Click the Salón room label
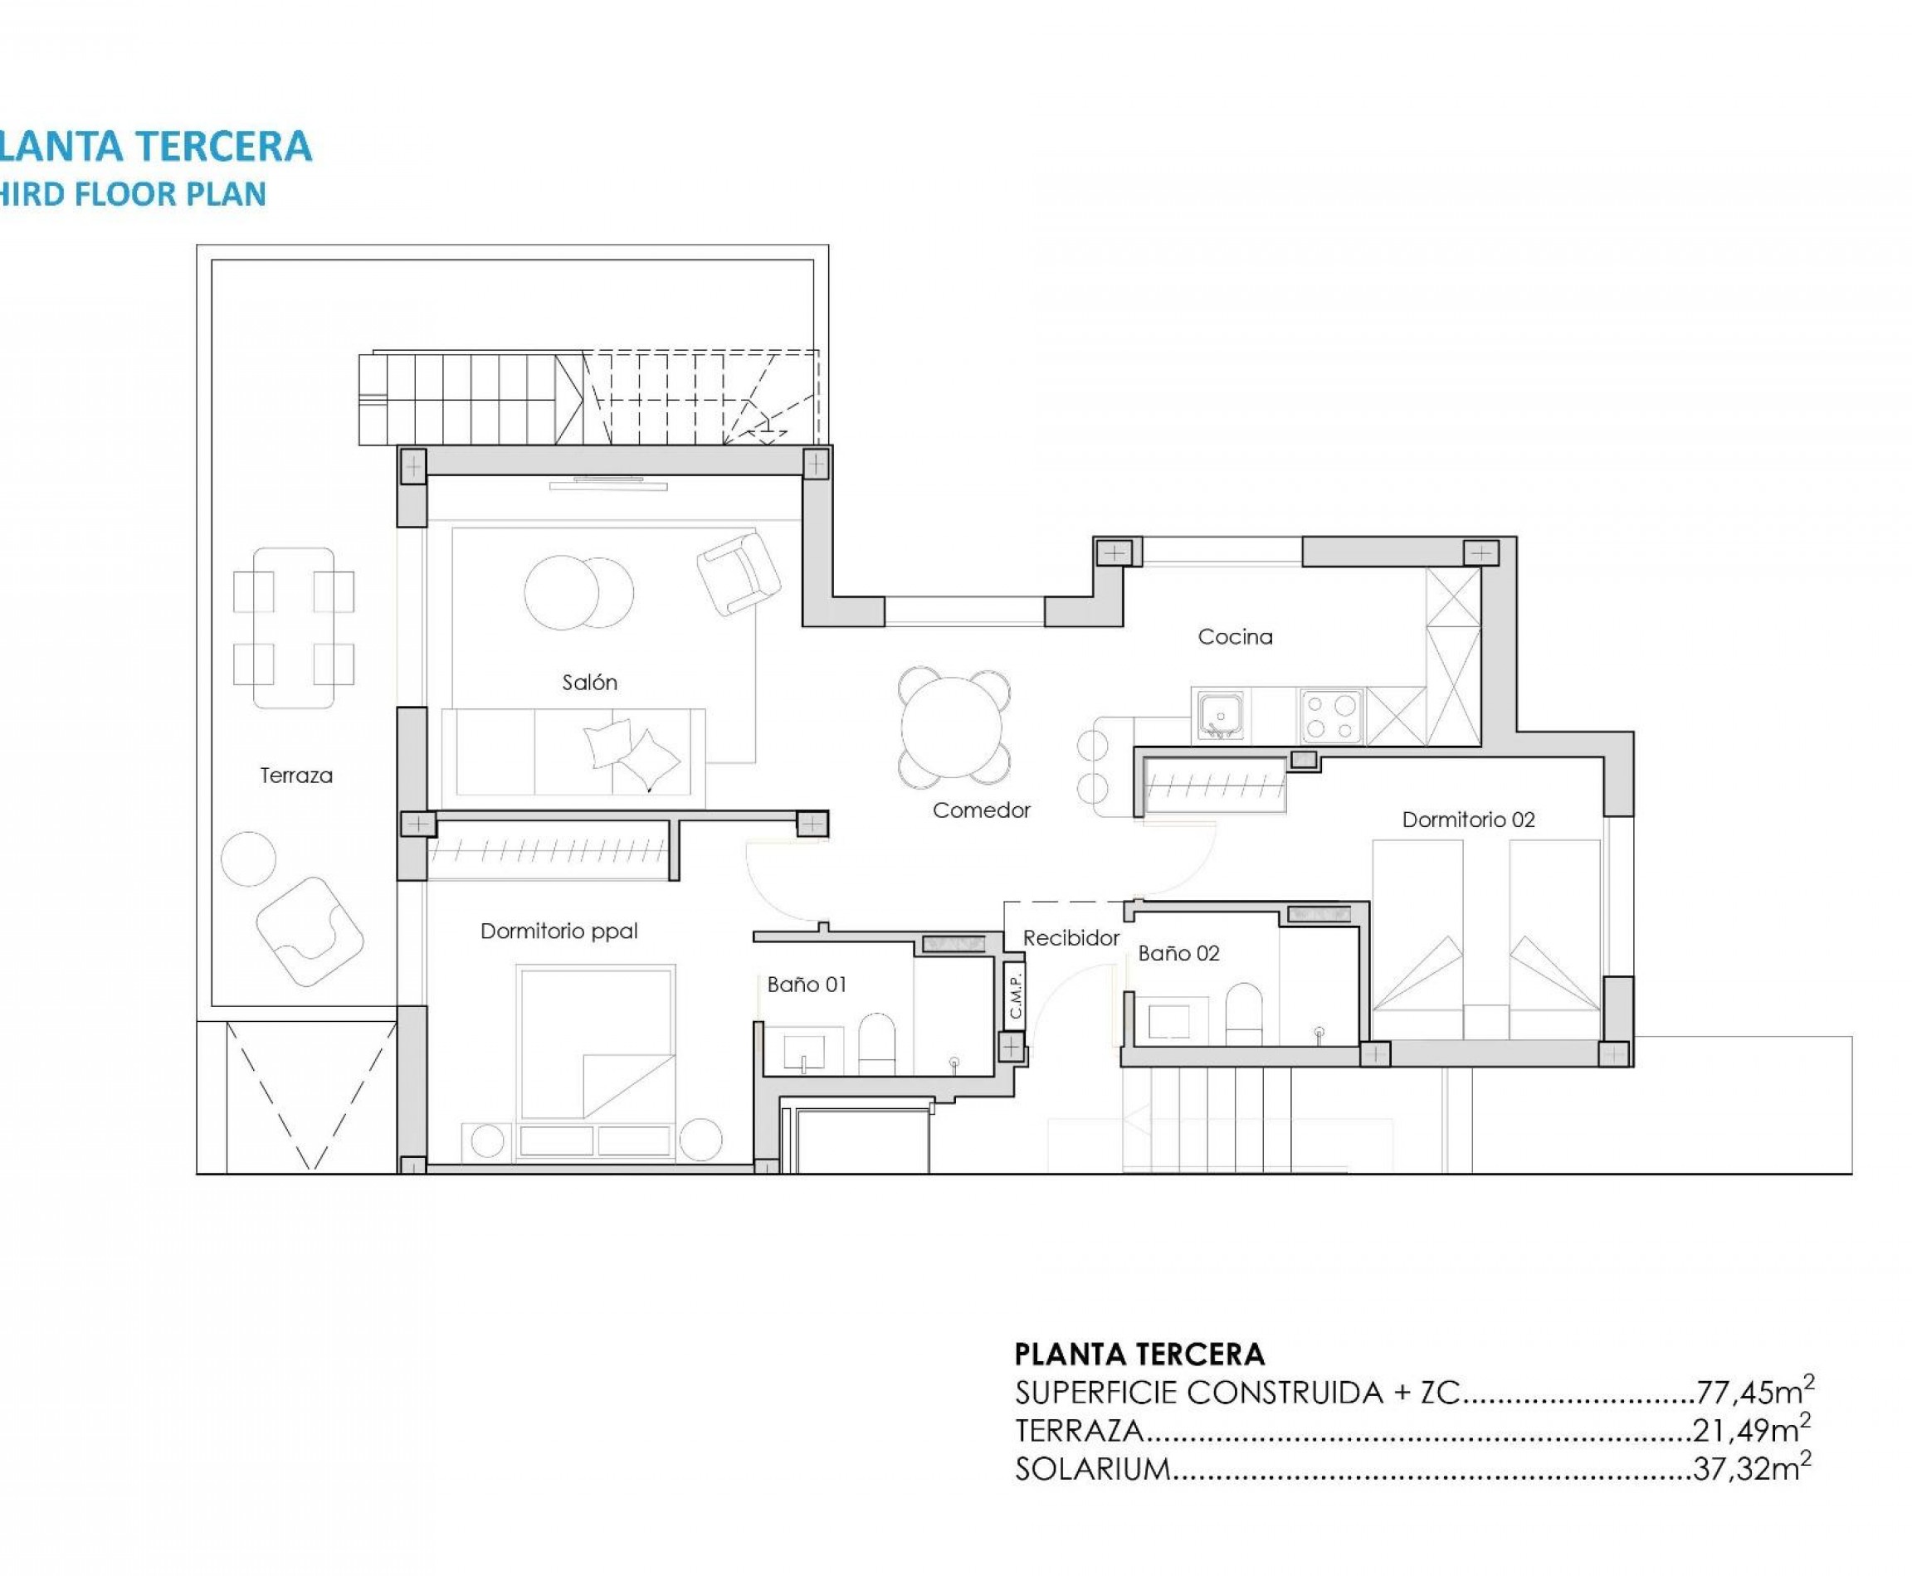coord(589,682)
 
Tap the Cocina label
coord(1234,636)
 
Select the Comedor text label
coord(981,810)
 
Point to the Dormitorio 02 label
coord(1468,820)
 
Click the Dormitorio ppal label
coord(558,931)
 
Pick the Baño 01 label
coord(806,984)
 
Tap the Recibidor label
coord(1071,938)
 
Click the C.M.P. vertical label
coord(1015,996)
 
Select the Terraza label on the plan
coord(296,776)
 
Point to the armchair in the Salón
coord(739,573)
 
